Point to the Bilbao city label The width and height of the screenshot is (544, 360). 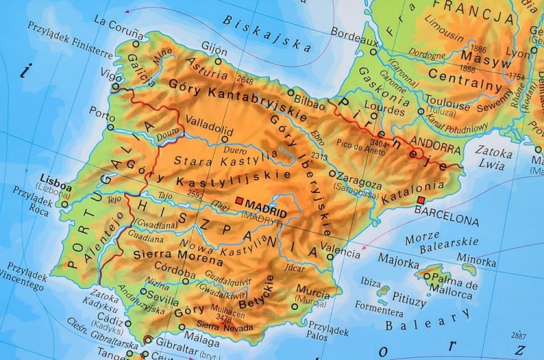[311, 104]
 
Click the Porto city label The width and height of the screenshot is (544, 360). [102, 112]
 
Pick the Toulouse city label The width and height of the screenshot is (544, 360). [448, 102]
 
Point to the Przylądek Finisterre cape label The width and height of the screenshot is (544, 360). [70, 44]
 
